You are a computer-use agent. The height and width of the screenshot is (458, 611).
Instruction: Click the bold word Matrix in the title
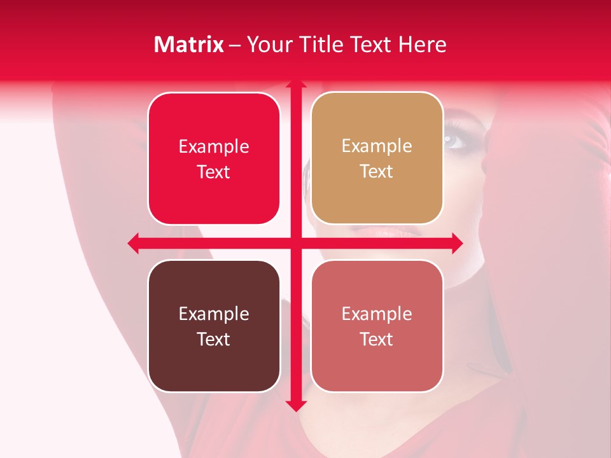pyautogui.click(x=189, y=45)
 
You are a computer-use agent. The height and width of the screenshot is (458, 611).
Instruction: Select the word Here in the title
pyautogui.click(x=422, y=45)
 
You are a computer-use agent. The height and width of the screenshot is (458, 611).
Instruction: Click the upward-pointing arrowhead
pyautogui.click(x=295, y=85)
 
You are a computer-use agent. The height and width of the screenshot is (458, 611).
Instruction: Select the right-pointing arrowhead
pyautogui.click(x=456, y=243)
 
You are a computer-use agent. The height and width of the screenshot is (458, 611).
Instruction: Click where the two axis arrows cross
pyautogui.click(x=295, y=243)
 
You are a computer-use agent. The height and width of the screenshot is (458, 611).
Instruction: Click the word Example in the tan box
pyautogui.click(x=377, y=146)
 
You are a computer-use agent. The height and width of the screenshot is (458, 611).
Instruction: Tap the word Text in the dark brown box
pyautogui.click(x=214, y=339)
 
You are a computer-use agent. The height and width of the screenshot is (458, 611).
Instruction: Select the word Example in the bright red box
pyautogui.click(x=214, y=146)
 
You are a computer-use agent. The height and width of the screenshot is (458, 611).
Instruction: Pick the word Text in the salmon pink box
pyautogui.click(x=377, y=339)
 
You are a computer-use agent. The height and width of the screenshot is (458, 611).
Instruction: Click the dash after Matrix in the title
pyautogui.click(x=235, y=45)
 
